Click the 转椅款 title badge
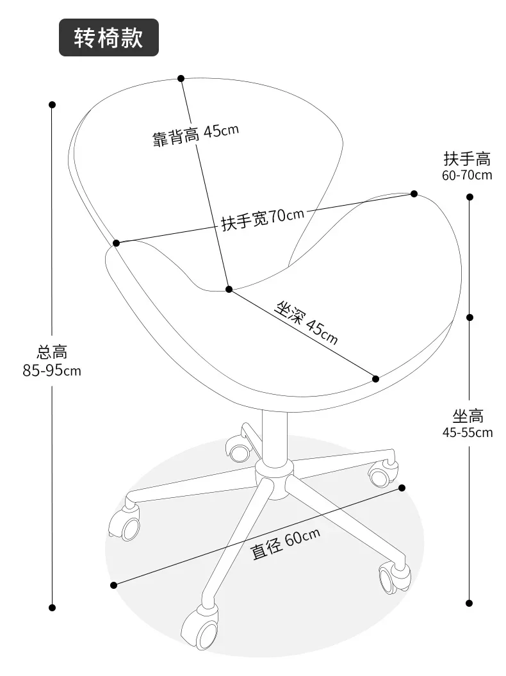tap(109, 38)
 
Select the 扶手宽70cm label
tap(263, 219)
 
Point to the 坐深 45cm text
tap(306, 323)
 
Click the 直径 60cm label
tap(286, 543)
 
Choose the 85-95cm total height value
tap(52, 370)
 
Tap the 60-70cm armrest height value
tap(467, 175)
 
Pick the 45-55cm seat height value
tap(468, 432)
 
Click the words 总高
tap(52, 352)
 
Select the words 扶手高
tap(467, 159)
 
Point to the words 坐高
tap(468, 416)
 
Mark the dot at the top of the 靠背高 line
tap(181, 78)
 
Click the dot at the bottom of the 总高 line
tap(52, 608)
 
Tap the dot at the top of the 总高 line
tap(52, 104)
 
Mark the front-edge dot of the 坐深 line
tap(375, 379)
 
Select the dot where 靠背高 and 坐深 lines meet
tap(229, 289)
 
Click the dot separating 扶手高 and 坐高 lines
tap(469, 317)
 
